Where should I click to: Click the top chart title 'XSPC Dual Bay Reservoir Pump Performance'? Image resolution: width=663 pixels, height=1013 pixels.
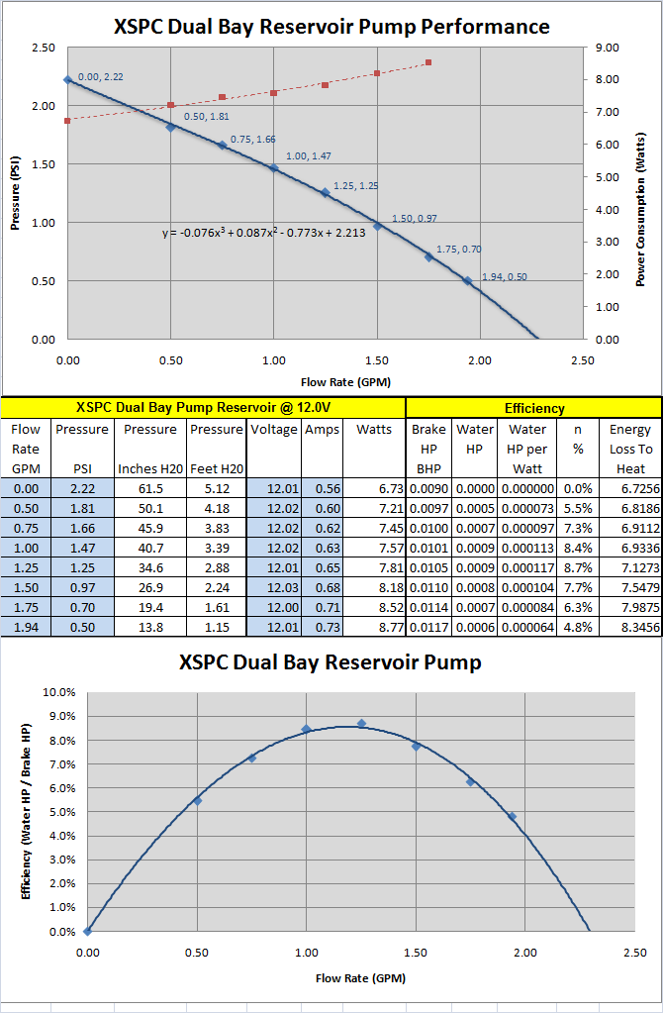[331, 26]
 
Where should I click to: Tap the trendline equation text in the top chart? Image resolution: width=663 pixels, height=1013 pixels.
[264, 233]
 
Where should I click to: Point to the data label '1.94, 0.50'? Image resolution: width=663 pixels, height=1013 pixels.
[504, 277]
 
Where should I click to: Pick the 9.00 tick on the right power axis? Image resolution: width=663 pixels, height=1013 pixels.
[608, 47]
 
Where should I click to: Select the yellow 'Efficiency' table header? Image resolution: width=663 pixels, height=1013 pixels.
[534, 407]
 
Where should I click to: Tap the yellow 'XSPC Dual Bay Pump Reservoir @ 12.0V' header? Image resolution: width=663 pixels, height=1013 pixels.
[203, 407]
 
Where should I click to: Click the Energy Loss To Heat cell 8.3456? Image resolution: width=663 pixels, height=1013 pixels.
[631, 626]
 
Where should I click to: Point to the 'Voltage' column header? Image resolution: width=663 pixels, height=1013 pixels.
[274, 430]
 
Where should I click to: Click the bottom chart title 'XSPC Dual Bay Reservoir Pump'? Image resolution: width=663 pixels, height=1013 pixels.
[331, 662]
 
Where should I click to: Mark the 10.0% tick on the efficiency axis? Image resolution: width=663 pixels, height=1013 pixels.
[58, 692]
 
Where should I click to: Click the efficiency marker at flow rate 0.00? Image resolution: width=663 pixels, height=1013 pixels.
[88, 931]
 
